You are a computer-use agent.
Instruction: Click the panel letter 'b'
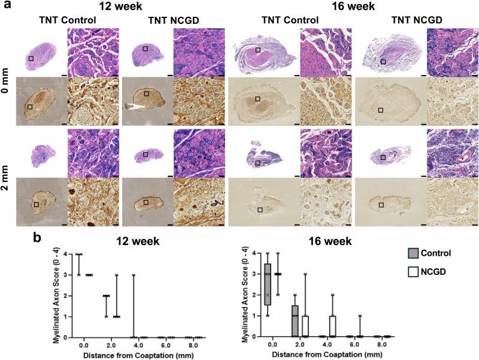coord(37,237)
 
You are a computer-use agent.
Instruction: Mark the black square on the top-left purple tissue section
coord(31,58)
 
